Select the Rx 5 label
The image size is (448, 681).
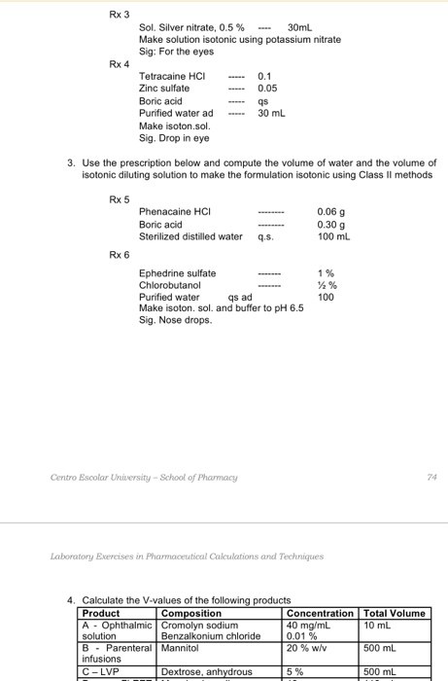[x=120, y=199]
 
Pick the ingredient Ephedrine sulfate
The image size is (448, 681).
[x=179, y=273]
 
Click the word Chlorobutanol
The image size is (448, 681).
[x=171, y=285]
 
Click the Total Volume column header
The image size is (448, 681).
[x=394, y=613]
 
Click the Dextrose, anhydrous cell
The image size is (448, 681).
[x=206, y=671]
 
